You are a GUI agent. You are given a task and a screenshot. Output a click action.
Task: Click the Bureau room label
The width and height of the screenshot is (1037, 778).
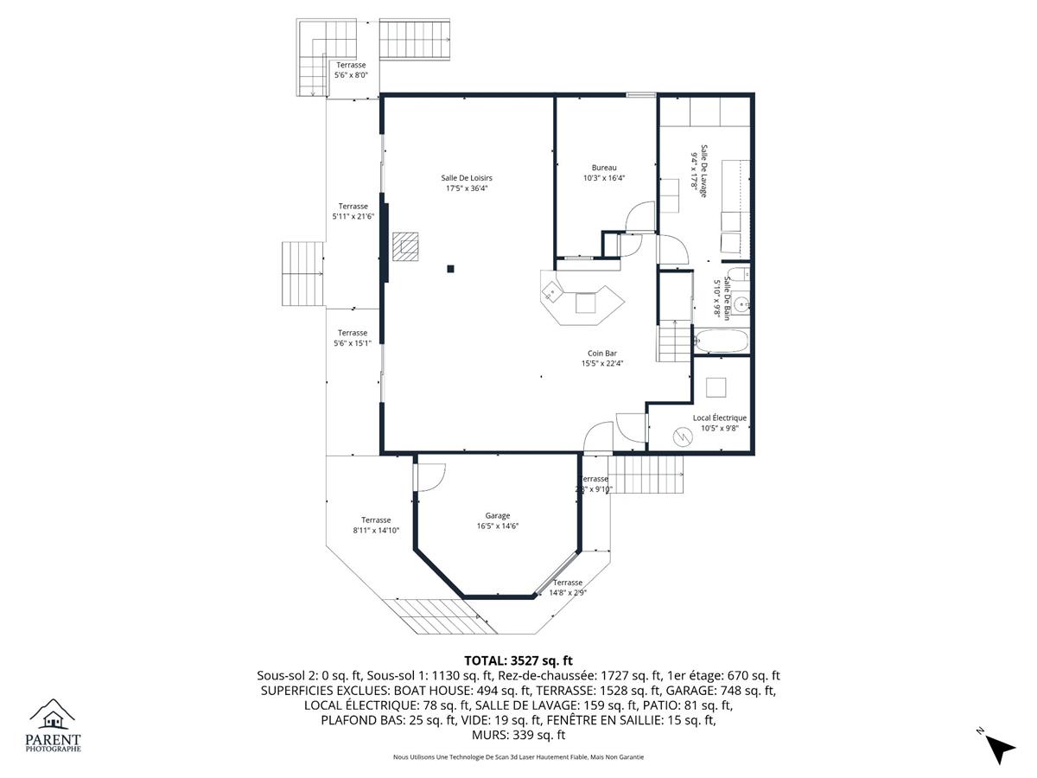coord(604,168)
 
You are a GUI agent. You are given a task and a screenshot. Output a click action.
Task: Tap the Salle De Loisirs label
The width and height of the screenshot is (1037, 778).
coord(467,178)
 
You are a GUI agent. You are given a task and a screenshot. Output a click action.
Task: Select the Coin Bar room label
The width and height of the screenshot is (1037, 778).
coord(601,354)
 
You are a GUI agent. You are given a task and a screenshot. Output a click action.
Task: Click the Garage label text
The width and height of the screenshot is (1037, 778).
coord(498,516)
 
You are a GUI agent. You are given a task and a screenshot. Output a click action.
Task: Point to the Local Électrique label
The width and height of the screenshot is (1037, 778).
coord(720,418)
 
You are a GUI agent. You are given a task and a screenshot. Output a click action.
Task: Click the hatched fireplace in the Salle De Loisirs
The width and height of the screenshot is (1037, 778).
coord(405,246)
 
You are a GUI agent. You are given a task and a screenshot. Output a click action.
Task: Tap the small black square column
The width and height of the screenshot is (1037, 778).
coord(451,269)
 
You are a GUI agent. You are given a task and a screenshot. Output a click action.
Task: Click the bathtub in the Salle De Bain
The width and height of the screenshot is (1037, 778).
coord(721,341)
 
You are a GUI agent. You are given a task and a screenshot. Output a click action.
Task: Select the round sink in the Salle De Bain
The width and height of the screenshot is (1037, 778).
coord(741,304)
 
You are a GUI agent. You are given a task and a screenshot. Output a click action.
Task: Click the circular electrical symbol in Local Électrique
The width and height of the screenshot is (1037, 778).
coord(683,437)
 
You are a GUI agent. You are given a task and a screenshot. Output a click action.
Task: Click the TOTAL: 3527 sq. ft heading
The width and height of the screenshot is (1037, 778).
coord(518,660)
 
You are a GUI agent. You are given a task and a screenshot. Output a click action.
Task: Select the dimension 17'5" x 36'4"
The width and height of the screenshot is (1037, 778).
coord(467,188)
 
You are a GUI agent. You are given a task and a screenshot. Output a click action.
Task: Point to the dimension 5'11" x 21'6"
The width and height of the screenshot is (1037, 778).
coord(353,217)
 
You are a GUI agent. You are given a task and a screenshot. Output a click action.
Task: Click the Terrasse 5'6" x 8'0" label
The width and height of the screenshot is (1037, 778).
coord(351,70)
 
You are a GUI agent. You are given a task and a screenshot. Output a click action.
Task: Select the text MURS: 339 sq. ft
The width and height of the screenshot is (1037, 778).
coord(518,735)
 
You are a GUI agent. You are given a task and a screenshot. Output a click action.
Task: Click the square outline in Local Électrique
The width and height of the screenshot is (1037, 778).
coord(716,387)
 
